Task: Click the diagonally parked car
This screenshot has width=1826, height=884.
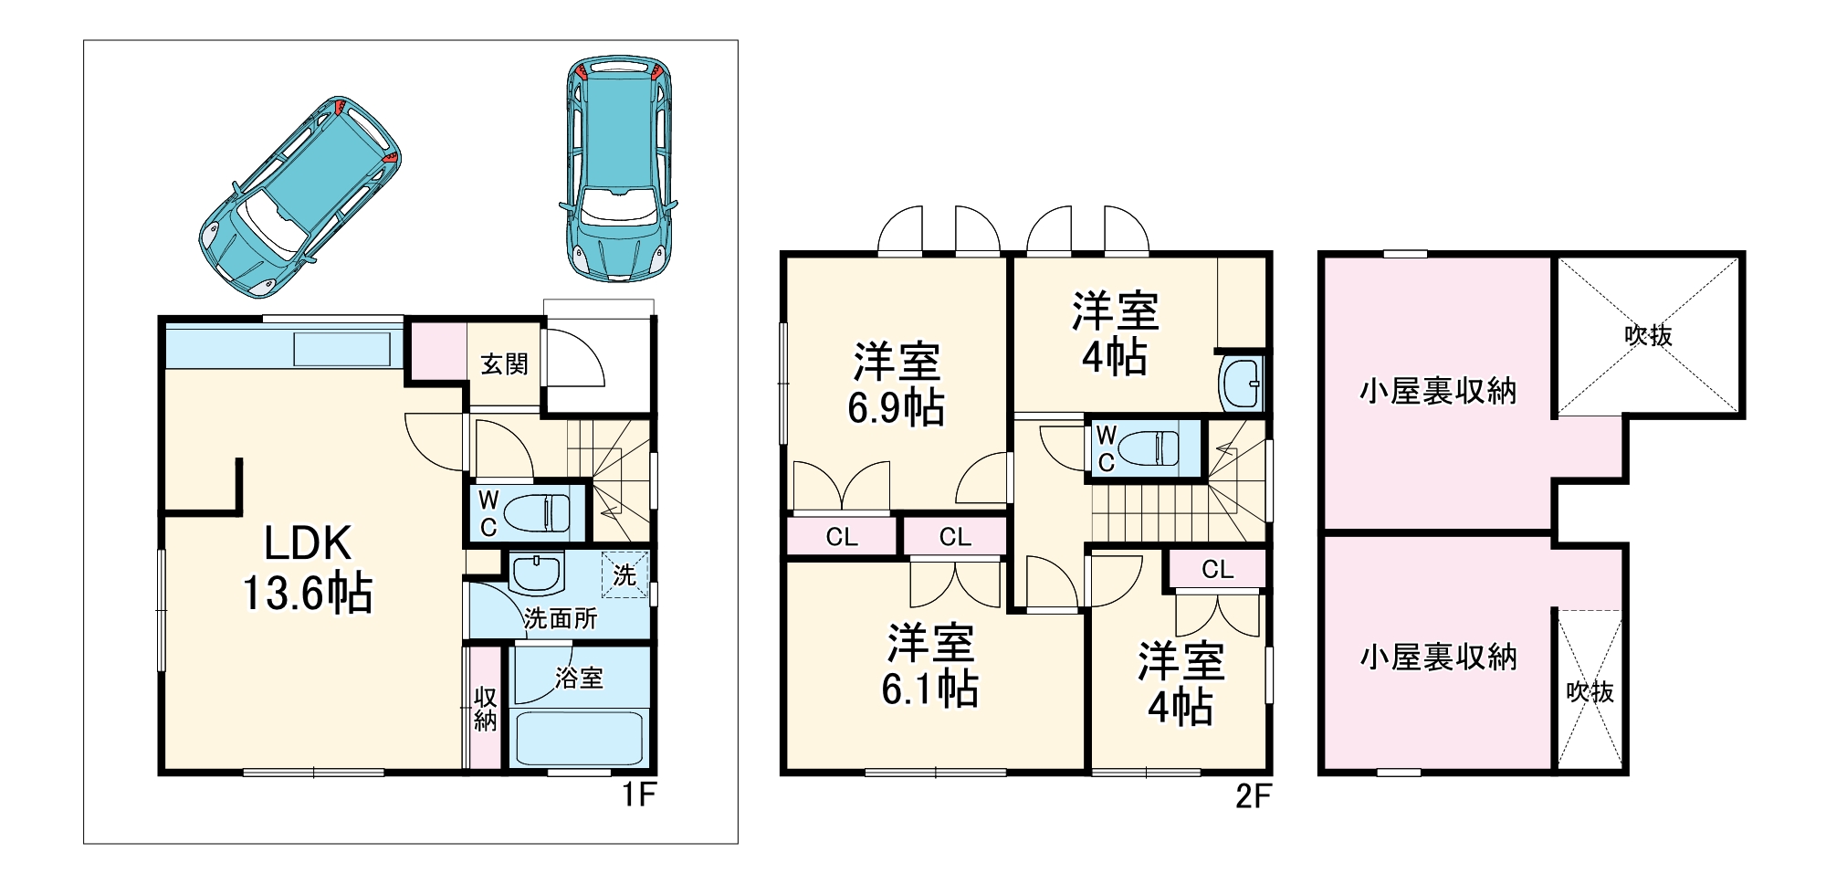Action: pyautogui.click(x=299, y=197)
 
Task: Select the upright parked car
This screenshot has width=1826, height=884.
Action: pyautogui.click(x=619, y=169)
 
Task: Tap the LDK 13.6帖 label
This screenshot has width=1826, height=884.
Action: pyautogui.click(x=307, y=568)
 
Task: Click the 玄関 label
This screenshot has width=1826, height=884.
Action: pyautogui.click(x=504, y=364)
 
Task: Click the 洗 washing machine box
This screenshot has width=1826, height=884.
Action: pyautogui.click(x=624, y=575)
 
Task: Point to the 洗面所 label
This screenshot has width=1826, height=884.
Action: pyautogui.click(x=561, y=619)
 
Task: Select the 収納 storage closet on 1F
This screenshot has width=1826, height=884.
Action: pyautogui.click(x=485, y=709)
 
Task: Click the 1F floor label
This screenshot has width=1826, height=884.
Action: pyautogui.click(x=639, y=795)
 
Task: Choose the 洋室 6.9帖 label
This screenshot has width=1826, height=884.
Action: pyautogui.click(x=896, y=384)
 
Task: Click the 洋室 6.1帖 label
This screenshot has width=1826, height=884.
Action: pyautogui.click(x=929, y=665)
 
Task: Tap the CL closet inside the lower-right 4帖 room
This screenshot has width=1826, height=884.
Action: pyautogui.click(x=1217, y=570)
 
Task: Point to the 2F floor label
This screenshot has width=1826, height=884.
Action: pyautogui.click(x=1253, y=796)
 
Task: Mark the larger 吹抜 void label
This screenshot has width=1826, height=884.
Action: pyautogui.click(x=1648, y=335)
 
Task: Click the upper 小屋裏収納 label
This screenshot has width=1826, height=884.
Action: pyautogui.click(x=1438, y=392)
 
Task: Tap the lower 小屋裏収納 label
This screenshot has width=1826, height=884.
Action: pyautogui.click(x=1438, y=657)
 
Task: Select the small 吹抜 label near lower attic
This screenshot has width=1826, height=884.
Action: pyautogui.click(x=1590, y=692)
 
